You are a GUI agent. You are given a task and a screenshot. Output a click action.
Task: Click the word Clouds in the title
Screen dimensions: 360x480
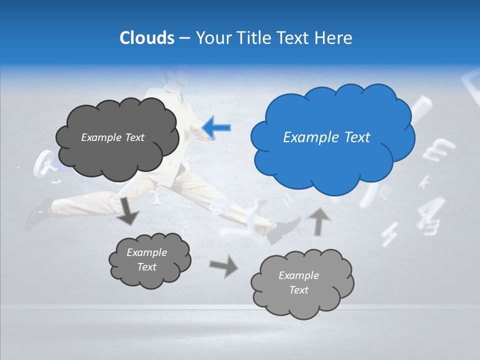click(146, 38)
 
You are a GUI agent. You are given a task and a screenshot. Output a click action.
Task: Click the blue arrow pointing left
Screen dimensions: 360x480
click(216, 127)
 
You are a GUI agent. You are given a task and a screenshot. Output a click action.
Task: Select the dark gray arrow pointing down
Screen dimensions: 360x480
click(127, 210)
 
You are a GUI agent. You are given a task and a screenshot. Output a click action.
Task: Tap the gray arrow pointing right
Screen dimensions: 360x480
click(223, 266)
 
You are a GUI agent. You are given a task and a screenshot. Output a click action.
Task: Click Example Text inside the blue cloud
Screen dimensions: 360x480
click(326, 137)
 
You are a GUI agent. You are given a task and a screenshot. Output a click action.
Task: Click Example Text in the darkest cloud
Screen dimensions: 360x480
click(112, 137)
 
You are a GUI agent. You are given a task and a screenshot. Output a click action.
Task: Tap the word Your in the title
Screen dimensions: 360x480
click(211, 38)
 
